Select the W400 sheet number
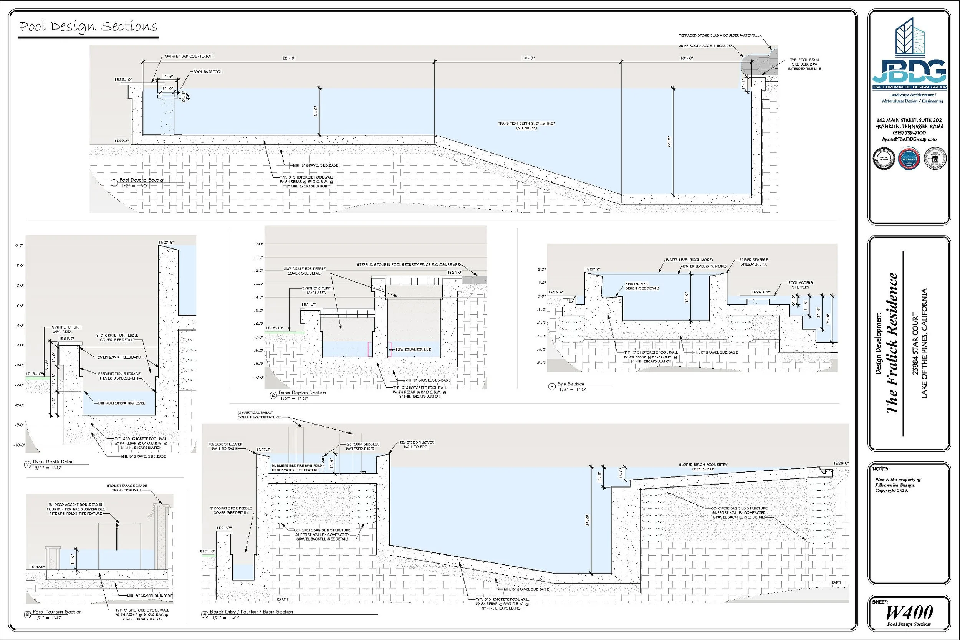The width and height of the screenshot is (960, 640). click(x=909, y=613)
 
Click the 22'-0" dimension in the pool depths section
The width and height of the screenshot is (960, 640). click(x=288, y=58)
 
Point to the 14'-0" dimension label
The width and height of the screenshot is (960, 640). click(x=528, y=58)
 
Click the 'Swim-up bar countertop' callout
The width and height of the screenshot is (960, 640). click(x=189, y=56)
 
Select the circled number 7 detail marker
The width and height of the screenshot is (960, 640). click(x=28, y=465)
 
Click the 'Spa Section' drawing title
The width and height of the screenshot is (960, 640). click(x=571, y=384)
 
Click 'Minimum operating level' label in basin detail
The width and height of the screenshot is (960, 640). click(x=121, y=403)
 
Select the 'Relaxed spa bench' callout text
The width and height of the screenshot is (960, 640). click(x=642, y=286)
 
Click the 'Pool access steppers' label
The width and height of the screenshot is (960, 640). click(x=800, y=284)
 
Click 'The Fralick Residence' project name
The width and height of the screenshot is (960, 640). click(x=893, y=342)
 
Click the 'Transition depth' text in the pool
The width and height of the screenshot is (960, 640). click(x=526, y=123)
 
